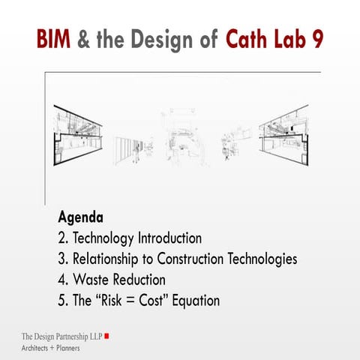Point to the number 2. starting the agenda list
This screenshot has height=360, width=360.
pos(63,239)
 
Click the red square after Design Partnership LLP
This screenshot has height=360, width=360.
pos(107,335)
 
